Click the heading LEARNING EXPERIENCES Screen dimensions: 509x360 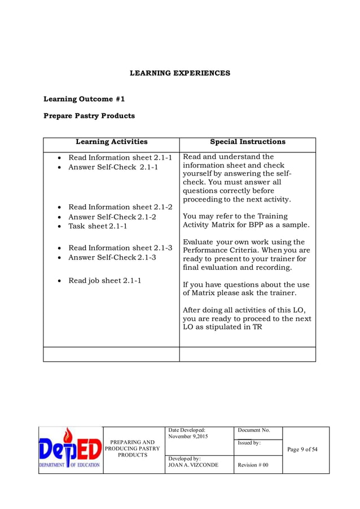pos(180,73)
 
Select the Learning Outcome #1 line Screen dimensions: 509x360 pos(84,99)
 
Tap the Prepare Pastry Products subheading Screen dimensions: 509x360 pos(89,116)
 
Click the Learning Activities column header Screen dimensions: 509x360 pos(111,142)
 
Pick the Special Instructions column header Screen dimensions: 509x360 pos(247,142)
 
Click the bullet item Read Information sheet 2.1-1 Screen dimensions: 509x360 pos(120,157)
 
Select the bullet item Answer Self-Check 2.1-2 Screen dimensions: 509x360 pos(112,217)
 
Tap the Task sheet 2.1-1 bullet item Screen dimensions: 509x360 pos(98,226)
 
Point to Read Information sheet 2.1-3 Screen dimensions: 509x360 pos(120,248)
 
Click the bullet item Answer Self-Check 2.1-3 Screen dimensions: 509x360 pos(112,258)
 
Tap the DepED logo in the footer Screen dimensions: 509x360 pos(71,450)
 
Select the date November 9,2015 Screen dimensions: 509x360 pos(187,437)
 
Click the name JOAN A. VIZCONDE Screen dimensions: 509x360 pos(193,465)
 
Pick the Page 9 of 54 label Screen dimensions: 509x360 pos(302,450)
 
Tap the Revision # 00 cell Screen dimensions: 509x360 pos(253,465)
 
